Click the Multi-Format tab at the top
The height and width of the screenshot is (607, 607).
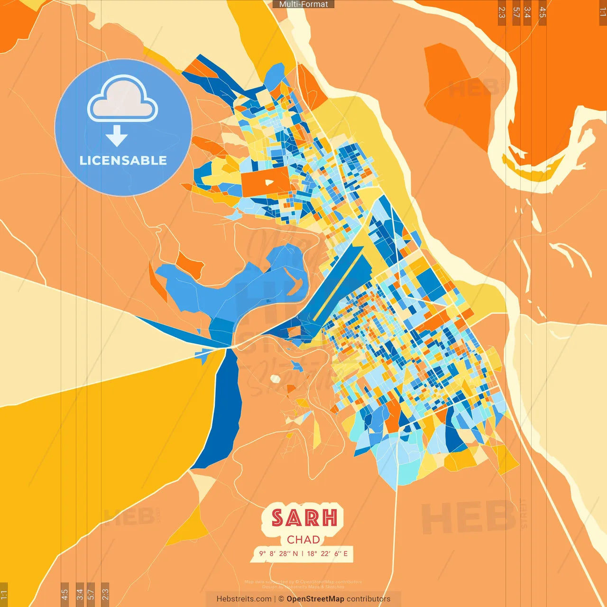pos(303,4)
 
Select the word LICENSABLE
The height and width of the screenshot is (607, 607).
pos(123,161)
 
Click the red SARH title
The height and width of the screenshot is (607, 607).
pos(304,518)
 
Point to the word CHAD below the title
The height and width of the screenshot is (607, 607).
pos(303,540)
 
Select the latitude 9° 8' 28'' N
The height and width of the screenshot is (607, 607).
pos(278,553)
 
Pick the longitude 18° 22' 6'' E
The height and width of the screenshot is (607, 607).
pos(327,553)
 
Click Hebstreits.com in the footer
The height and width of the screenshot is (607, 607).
pos(244,599)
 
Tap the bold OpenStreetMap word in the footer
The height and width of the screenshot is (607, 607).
pos(315,599)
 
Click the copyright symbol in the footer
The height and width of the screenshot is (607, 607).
pos(281,599)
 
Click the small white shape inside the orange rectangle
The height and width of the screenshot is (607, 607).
pos(269,182)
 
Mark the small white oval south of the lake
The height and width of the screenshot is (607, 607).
pos(275,378)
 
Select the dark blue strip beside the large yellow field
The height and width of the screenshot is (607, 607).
pos(221,408)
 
